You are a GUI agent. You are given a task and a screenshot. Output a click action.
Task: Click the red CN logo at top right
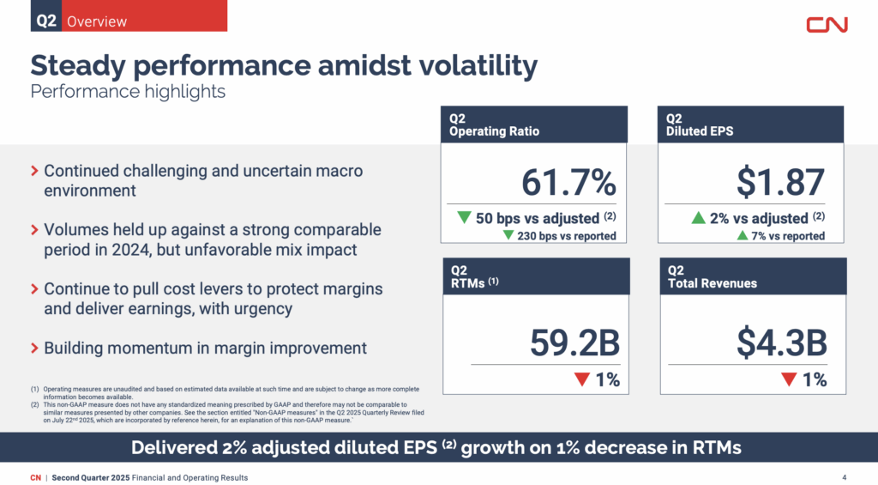[x=827, y=24]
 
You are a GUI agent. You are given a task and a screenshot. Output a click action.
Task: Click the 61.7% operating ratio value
[x=568, y=182]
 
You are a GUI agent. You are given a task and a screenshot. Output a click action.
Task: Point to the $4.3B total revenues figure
[x=781, y=343]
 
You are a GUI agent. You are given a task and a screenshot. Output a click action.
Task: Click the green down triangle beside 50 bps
[x=464, y=218]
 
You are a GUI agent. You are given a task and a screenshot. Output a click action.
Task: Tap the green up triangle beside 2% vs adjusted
[x=698, y=218]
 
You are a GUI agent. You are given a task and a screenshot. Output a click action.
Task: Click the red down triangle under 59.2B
[x=583, y=379]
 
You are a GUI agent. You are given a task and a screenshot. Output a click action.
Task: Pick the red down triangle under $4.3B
[x=789, y=379]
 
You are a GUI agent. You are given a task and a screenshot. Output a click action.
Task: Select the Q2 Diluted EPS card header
[x=752, y=124]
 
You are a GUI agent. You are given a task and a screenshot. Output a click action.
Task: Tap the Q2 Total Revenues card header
[x=752, y=276]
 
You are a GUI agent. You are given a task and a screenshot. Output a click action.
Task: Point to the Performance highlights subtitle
[x=128, y=91]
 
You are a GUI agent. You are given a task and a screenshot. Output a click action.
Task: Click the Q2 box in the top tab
[x=46, y=21]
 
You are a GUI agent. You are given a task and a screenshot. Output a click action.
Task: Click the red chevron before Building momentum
[x=34, y=349]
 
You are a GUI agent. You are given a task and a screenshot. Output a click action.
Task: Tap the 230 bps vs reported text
[x=566, y=236]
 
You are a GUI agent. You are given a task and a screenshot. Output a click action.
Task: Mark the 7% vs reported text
[x=788, y=236]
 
